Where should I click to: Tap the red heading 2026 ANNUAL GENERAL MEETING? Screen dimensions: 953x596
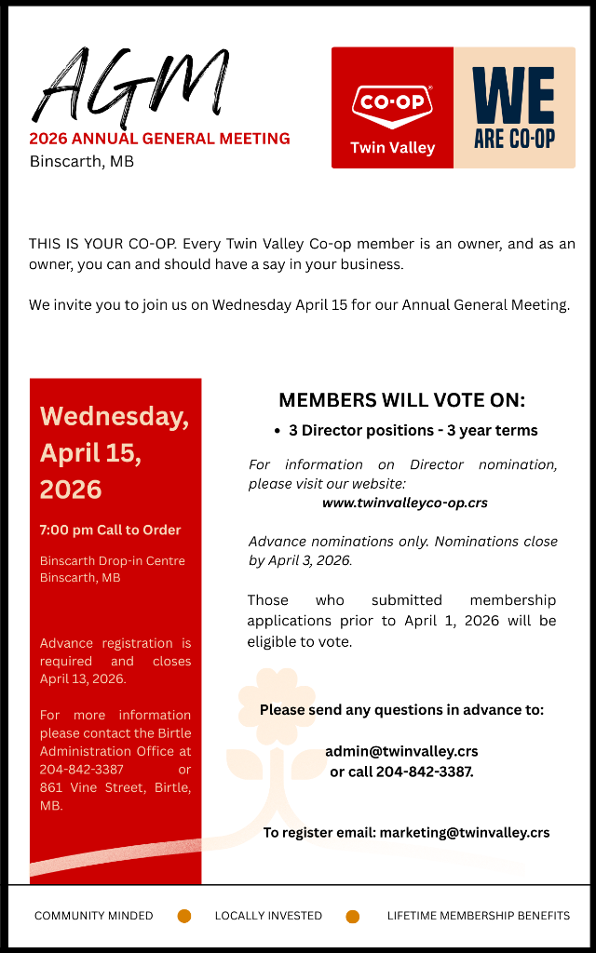(x=159, y=139)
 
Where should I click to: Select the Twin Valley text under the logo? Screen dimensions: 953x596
(x=392, y=148)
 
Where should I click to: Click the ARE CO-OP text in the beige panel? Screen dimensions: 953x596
(x=513, y=139)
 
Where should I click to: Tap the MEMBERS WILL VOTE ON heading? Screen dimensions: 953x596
(x=401, y=400)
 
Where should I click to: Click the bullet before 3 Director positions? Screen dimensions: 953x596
(x=278, y=431)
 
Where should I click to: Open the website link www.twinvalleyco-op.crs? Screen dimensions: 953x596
(x=404, y=503)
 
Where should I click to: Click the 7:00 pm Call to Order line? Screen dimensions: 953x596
(x=110, y=530)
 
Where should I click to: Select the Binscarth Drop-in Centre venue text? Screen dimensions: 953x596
(x=112, y=561)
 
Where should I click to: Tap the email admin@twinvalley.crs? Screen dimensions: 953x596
(x=401, y=751)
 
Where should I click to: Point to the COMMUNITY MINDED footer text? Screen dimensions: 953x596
(x=93, y=916)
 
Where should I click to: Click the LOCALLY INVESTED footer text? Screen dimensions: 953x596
(x=268, y=916)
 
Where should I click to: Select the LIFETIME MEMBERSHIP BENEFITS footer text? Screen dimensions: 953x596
(x=478, y=916)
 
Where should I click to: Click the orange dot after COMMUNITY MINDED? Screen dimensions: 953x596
(x=184, y=917)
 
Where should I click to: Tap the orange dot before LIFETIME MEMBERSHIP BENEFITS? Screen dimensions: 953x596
(x=352, y=917)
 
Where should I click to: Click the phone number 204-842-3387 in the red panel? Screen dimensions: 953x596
(x=81, y=770)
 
